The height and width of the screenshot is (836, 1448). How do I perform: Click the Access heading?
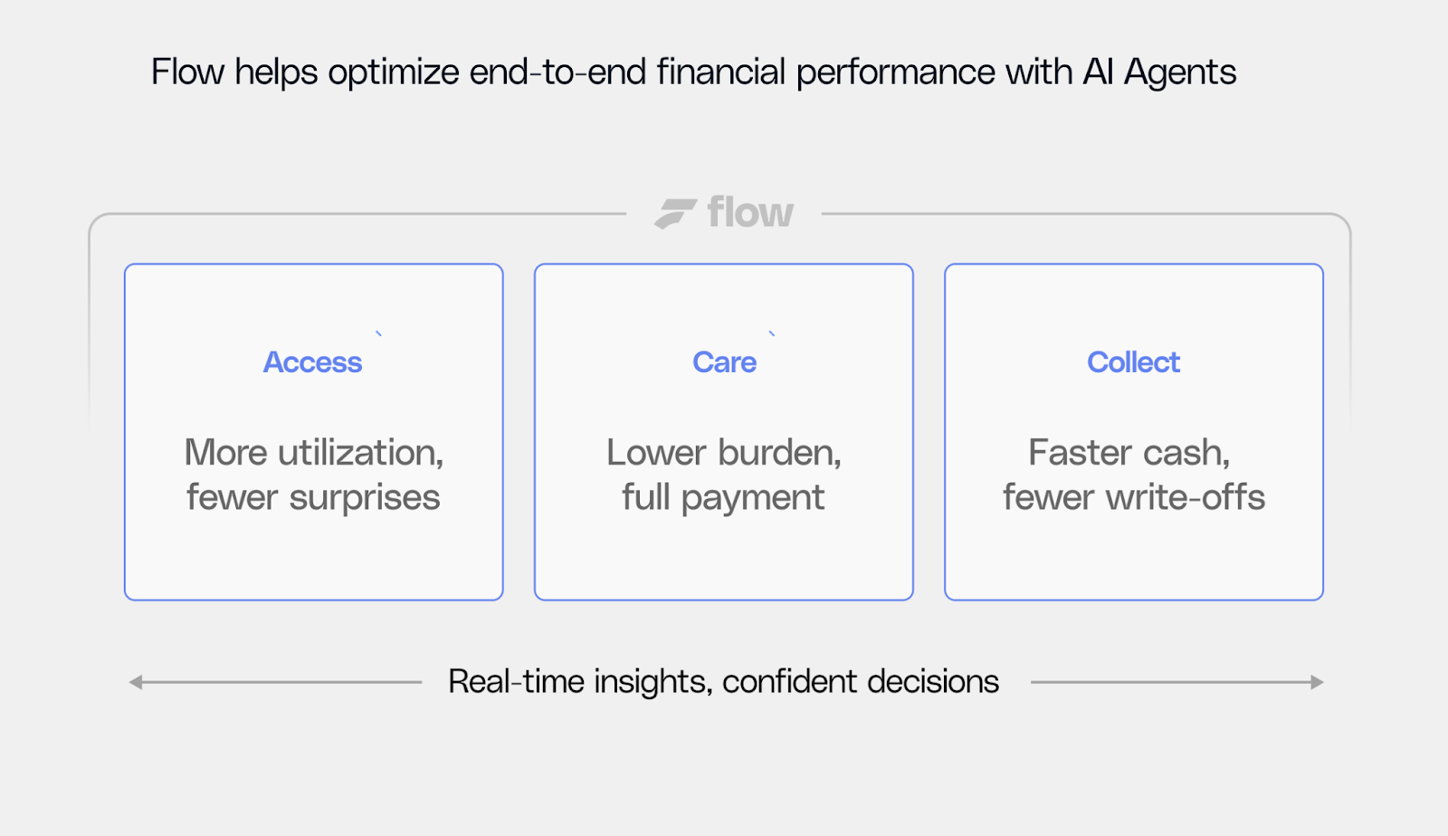312,362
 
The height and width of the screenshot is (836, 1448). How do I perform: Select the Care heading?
724,362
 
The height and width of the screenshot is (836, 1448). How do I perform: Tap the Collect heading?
1133,362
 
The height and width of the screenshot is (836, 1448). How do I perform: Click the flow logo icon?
675,214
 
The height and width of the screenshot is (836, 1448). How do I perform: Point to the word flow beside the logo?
750,213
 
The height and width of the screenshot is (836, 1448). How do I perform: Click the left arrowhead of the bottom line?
136,682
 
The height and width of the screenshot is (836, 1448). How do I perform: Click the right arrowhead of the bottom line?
1317,682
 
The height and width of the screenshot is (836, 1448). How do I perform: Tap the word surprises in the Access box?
364,497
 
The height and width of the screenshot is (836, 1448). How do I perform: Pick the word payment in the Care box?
752,498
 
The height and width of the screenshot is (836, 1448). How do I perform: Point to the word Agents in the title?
1180,72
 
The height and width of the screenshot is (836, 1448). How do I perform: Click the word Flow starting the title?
187,72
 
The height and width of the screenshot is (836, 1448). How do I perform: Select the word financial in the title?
720,72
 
